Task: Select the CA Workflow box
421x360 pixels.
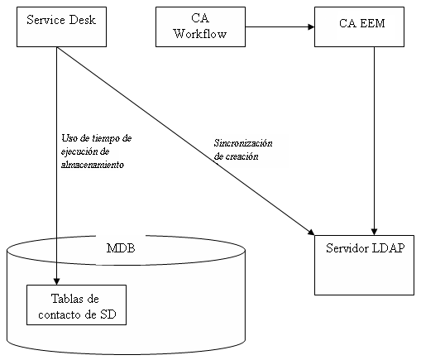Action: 201,26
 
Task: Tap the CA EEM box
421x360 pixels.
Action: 359,26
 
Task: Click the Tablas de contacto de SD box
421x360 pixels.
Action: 76,305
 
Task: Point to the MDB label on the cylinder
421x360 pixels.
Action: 122,248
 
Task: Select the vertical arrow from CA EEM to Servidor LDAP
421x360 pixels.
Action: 376,141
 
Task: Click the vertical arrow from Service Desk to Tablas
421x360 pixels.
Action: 56,166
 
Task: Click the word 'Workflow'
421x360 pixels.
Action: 200,34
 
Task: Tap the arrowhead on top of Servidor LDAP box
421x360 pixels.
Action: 376,231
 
